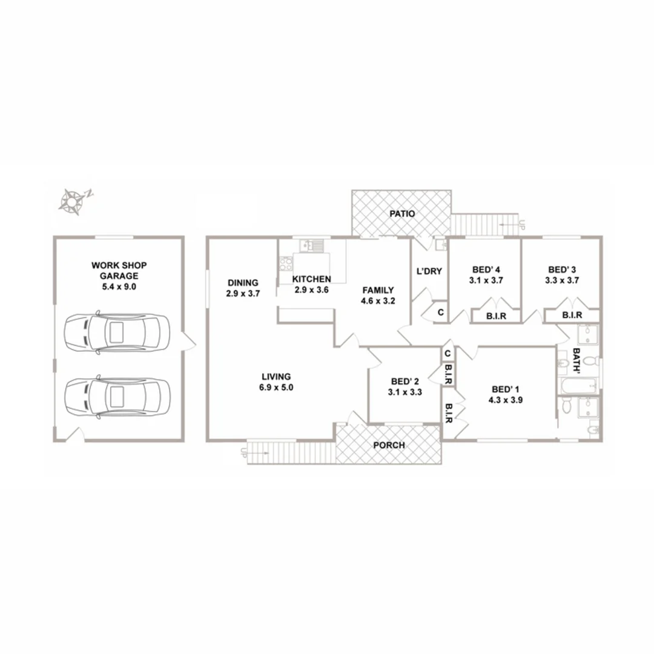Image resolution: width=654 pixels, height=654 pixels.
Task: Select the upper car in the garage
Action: coord(117,332)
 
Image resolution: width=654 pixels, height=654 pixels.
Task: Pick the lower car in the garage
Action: coord(117,397)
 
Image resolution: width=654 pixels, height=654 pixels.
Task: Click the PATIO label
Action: coord(402,214)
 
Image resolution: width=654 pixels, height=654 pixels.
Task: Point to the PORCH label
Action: coord(389,445)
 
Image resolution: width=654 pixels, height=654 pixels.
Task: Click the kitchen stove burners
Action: coord(286,263)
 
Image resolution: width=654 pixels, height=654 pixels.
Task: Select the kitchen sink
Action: coord(313,245)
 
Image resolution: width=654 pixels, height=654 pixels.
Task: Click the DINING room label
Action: coord(243,282)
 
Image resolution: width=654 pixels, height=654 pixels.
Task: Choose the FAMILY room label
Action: coord(378,290)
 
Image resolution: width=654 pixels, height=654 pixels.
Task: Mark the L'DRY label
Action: coord(429,271)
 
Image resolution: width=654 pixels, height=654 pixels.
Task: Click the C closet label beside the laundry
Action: coord(440,313)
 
